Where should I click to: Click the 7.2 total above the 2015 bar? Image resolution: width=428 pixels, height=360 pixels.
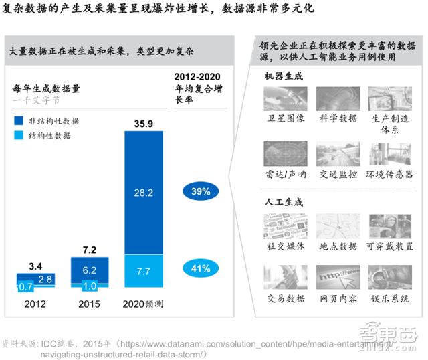pos(90,249)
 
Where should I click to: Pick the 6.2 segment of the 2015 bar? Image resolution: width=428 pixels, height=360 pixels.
pos(90,270)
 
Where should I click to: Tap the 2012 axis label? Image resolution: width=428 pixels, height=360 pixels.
pos(35,303)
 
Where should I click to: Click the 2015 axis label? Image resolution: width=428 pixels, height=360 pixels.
pos(90,303)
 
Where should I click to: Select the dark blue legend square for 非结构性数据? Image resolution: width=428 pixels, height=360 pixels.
pos(21,121)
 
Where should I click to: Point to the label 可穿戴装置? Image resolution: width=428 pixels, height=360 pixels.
pos(389,246)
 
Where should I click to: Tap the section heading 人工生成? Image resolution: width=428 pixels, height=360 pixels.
pos(284,202)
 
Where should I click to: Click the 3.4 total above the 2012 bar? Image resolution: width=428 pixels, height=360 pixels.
pos(35,266)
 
